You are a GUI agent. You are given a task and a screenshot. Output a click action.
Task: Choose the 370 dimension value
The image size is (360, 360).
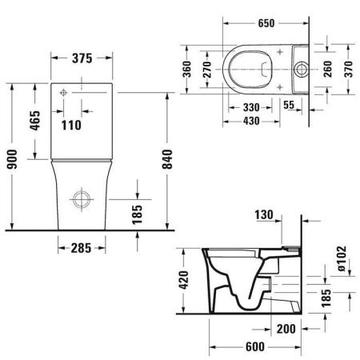point(349,70)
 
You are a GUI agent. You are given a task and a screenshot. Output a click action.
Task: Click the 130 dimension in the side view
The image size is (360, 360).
point(266,214)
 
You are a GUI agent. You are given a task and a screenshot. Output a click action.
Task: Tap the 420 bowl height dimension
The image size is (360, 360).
point(182,280)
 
